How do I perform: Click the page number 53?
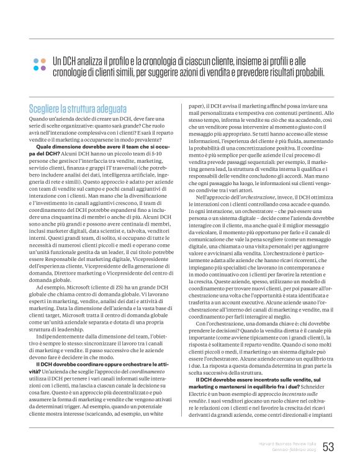coord(328,447)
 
